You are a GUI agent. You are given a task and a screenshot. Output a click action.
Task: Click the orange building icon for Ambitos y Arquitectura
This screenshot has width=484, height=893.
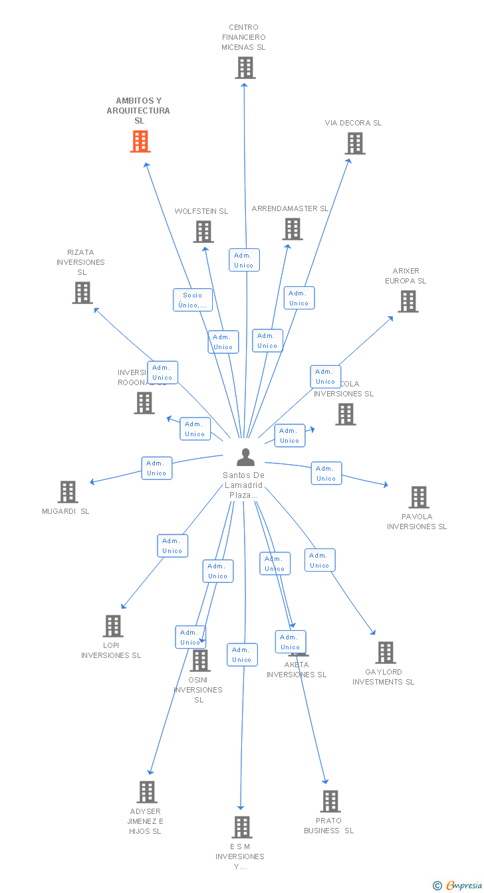coord(140,141)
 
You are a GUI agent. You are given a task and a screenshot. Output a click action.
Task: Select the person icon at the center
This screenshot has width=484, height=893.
coord(245,457)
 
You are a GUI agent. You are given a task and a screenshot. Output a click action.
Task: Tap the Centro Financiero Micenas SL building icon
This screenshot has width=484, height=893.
coord(245,68)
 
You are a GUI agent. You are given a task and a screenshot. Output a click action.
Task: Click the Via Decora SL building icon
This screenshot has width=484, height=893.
coord(355,143)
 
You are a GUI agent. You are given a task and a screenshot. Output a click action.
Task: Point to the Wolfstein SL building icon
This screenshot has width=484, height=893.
coord(203,232)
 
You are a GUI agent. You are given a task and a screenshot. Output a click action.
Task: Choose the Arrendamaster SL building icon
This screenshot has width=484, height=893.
coord(293,229)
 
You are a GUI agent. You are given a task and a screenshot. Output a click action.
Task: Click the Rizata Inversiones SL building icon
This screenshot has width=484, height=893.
coord(82,293)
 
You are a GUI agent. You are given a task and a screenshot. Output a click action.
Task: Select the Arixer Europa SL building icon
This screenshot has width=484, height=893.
coord(408,301)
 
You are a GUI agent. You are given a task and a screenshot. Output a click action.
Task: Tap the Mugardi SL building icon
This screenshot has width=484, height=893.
coord(68,492)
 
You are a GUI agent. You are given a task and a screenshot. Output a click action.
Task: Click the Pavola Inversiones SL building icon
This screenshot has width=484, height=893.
coord(419,497)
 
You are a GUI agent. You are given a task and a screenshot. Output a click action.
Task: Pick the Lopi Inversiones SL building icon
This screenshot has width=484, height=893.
coord(113,626)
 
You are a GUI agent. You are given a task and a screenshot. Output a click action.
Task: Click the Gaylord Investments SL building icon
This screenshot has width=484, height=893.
coord(386,653)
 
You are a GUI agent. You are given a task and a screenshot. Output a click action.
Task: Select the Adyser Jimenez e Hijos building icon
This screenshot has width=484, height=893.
coord(147,792)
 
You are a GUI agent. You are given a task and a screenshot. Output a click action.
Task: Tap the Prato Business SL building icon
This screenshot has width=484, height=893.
coord(330,801)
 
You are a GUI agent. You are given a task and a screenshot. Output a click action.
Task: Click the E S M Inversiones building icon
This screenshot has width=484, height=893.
coord(242,827)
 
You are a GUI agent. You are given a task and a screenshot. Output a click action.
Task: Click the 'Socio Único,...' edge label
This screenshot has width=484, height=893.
coord(193,300)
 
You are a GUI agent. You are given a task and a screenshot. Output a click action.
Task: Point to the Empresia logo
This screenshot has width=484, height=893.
coord(458,885)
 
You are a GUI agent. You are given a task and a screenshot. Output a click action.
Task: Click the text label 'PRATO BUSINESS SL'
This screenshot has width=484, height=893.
coord(329,826)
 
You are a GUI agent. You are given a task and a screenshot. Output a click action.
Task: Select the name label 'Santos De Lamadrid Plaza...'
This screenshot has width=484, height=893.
coord(244,485)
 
